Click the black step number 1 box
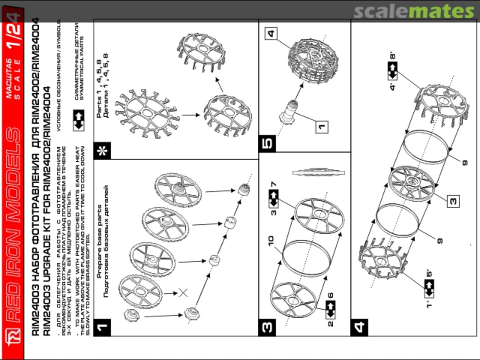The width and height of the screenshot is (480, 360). (x=103, y=328)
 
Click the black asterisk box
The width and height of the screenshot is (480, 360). (x=103, y=151)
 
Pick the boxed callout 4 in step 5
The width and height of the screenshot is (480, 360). (x=271, y=33)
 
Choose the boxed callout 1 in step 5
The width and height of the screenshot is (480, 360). (x=321, y=127)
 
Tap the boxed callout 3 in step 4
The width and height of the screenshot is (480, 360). (x=453, y=201)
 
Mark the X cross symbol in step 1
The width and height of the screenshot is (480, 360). (x=183, y=292)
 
